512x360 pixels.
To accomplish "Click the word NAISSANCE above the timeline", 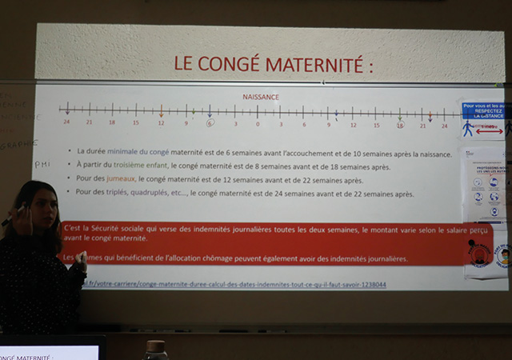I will click(261, 98).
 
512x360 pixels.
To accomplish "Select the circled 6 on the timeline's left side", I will click(210, 123).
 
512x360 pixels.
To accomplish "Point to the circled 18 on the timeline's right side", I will click(399, 124).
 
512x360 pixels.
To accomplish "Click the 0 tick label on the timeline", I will click(258, 124).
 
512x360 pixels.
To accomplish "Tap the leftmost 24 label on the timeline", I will click(67, 123).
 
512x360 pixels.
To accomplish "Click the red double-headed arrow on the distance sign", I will click(489, 130).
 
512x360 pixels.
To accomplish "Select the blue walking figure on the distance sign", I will click(467, 128).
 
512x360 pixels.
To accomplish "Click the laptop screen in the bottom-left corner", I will click(48, 352).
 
